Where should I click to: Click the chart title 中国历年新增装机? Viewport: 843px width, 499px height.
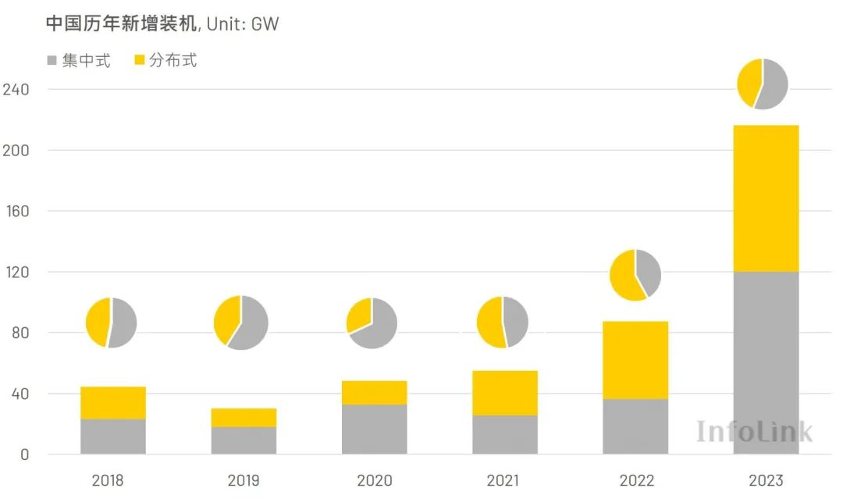[x=122, y=24]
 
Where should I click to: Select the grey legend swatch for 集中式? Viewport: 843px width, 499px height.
[x=52, y=60]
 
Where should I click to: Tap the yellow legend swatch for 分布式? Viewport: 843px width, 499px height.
[x=140, y=60]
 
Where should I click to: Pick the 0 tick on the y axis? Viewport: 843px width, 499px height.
[x=24, y=454]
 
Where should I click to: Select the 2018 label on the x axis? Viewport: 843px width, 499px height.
[x=107, y=480]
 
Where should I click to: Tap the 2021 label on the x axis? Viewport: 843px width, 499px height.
[x=503, y=480]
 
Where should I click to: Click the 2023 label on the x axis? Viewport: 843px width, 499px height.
[x=765, y=480]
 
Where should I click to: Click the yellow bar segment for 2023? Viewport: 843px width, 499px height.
[x=765, y=198]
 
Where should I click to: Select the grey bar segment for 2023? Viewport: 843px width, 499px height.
[x=765, y=362]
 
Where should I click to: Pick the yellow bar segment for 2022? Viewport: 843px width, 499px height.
[x=635, y=360]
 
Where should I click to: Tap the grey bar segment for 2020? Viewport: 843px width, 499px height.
[x=374, y=429]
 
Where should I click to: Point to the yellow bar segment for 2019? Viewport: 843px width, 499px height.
[x=244, y=418]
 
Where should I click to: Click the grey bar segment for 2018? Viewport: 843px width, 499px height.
[x=112, y=437]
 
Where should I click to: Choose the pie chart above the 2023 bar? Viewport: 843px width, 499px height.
[x=763, y=84]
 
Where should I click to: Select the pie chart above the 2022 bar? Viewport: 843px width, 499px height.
[x=635, y=275]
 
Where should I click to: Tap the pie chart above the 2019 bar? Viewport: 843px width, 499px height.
[x=240, y=323]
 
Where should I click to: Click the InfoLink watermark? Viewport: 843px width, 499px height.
[x=754, y=431]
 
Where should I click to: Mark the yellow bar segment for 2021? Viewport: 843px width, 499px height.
[x=504, y=393]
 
